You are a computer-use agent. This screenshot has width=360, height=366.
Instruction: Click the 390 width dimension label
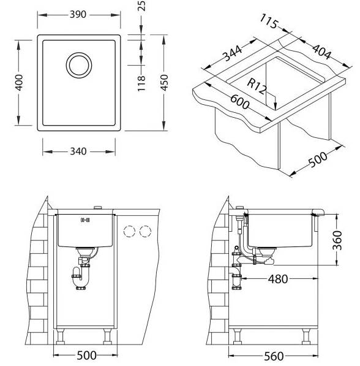click(x=78, y=15)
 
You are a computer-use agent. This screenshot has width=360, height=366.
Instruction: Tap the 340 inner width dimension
click(x=78, y=151)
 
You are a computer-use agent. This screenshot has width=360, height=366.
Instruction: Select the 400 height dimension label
click(x=19, y=82)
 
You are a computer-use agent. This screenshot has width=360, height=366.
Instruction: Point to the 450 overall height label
click(x=164, y=82)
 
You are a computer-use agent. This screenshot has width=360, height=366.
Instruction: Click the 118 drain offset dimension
click(x=141, y=83)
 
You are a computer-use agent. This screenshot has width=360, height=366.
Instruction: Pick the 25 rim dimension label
click(x=141, y=6)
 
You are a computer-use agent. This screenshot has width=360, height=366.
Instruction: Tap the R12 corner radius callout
click(x=257, y=86)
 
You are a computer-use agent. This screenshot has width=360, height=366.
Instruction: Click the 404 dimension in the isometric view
click(x=322, y=52)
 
